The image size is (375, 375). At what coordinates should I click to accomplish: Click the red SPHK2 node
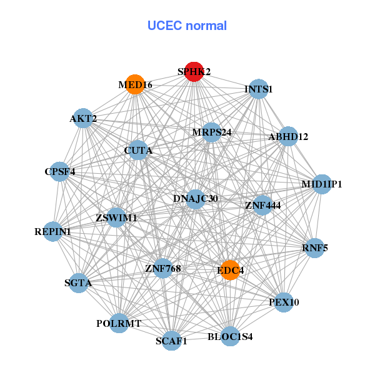[194, 72]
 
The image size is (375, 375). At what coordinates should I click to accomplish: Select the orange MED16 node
[135, 84]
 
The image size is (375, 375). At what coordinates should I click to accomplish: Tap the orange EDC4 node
[230, 270]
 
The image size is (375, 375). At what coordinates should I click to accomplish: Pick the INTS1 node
[259, 89]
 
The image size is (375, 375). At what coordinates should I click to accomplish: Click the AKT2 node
[83, 118]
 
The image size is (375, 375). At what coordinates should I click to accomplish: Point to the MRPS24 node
[212, 132]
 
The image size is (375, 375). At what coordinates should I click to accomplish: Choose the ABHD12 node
[288, 136]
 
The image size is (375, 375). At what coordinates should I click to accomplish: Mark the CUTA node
[138, 150]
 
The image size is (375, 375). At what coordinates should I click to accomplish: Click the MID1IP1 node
[322, 184]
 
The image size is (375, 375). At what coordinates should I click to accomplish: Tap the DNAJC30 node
[196, 199]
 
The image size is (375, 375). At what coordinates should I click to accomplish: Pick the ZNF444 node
[262, 204]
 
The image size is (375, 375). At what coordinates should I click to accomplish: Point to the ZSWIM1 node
[116, 217]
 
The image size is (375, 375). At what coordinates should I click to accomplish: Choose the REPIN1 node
[52, 232]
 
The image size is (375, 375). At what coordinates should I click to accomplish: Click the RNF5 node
[314, 248]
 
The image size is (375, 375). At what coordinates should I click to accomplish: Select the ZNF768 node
[162, 269]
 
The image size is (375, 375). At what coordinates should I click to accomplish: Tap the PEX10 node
[284, 302]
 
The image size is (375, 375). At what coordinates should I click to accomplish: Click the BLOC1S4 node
[230, 336]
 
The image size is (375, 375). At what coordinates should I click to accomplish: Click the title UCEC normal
[187, 26]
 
